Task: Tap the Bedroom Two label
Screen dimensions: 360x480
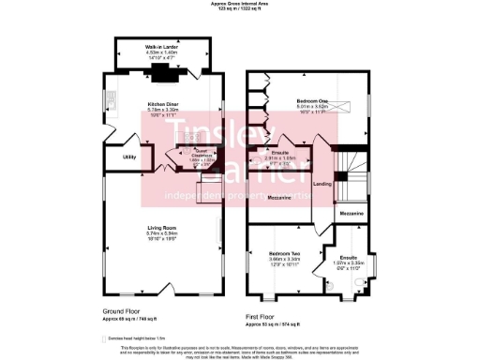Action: pyautogui.click(x=284, y=254)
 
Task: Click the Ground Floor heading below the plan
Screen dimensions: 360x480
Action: pyautogui.click(x=124, y=310)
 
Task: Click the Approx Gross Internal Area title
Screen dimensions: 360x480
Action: pyautogui.click(x=240, y=5)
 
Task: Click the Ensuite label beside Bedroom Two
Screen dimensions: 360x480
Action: pyautogui.click(x=348, y=256)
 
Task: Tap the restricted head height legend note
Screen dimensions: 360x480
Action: pyautogui.click(x=137, y=333)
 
